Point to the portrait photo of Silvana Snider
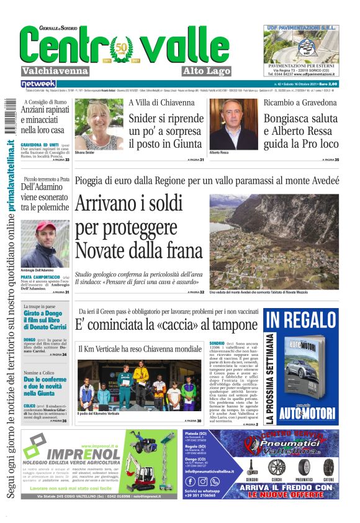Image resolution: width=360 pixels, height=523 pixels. [x=99, y=124]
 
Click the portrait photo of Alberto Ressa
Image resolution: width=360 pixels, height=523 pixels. [x=233, y=124]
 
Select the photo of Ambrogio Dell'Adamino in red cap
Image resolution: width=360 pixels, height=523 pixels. [x=45, y=244]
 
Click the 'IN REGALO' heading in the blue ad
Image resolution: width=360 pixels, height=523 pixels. [x=300, y=321]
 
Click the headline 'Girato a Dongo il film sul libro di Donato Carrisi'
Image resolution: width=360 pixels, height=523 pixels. [x=45, y=322]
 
